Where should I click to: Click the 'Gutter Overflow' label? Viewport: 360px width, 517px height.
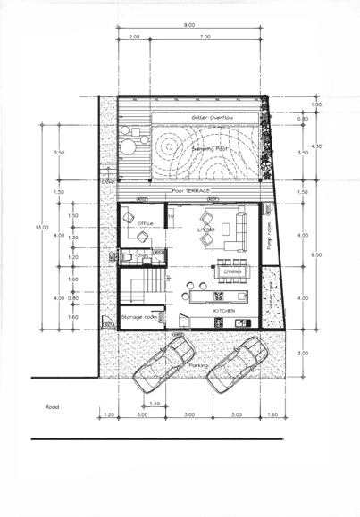(x=212, y=117)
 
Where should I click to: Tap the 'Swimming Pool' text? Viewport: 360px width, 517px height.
(x=211, y=148)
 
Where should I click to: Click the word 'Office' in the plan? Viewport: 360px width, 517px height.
(x=146, y=224)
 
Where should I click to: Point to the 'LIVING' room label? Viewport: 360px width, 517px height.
(x=206, y=229)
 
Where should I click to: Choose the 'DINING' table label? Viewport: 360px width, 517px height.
(x=232, y=271)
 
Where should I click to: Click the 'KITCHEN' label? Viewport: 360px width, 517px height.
(x=224, y=310)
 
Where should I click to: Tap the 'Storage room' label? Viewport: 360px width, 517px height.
(x=139, y=316)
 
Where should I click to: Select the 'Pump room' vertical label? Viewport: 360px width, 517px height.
(x=269, y=238)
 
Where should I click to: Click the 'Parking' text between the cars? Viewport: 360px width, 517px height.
(x=199, y=365)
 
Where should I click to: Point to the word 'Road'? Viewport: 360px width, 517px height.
(x=52, y=406)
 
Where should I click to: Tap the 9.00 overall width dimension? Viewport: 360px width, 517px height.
(x=189, y=25)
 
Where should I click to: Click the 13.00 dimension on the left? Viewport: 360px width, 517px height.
(x=41, y=228)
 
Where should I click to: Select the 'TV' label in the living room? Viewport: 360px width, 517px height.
(x=171, y=218)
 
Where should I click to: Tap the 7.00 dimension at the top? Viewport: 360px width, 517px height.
(x=205, y=37)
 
